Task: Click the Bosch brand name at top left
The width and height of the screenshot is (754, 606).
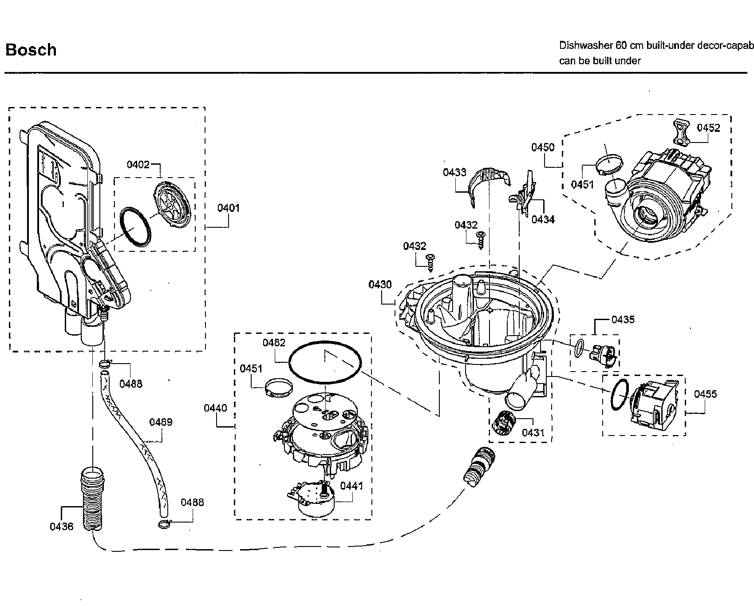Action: (x=31, y=50)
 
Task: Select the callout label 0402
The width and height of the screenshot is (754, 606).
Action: (x=138, y=165)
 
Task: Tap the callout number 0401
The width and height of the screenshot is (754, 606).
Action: (x=229, y=208)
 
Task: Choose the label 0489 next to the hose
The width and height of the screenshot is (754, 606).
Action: (x=161, y=422)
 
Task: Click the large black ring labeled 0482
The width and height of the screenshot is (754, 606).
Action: (x=325, y=362)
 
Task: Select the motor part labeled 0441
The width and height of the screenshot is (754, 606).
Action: (x=313, y=500)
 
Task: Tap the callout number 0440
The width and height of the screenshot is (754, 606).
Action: (x=215, y=408)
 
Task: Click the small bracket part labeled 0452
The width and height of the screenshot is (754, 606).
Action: (x=683, y=132)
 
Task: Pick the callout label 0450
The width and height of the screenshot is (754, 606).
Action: (x=543, y=147)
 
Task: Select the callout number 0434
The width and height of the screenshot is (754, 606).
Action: (x=543, y=219)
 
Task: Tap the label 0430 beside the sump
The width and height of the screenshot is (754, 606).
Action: (x=380, y=284)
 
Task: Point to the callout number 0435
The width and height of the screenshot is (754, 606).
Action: (x=623, y=320)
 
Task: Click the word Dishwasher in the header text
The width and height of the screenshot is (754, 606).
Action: (x=585, y=45)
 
